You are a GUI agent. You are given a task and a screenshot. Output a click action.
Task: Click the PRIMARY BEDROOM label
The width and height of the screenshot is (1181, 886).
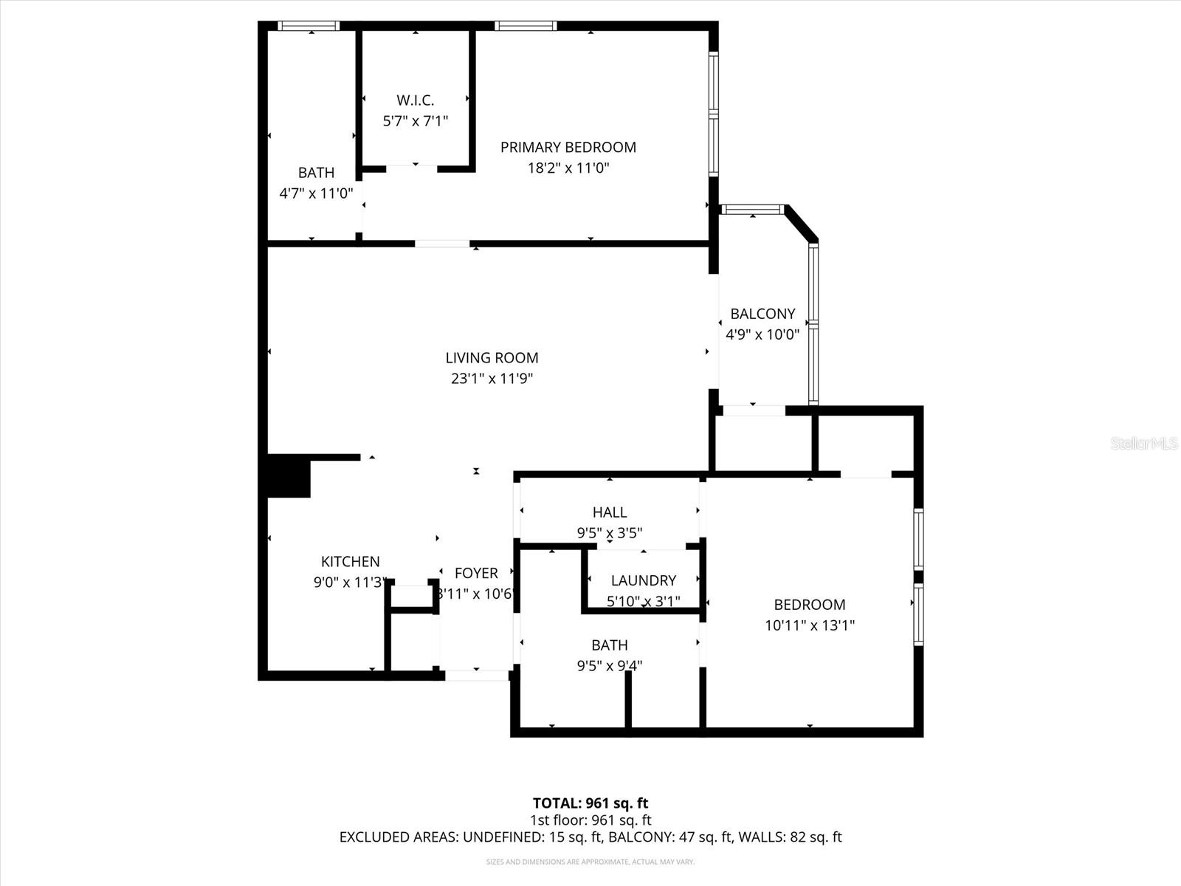[568, 147]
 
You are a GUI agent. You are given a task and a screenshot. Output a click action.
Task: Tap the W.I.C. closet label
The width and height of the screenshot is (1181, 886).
[415, 100]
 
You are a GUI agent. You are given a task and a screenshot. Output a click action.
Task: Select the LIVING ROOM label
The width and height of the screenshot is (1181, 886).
[492, 358]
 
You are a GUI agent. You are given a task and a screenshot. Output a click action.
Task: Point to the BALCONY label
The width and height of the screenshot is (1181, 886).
[762, 314]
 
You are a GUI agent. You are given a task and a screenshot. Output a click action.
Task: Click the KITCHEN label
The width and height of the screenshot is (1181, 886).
[350, 562]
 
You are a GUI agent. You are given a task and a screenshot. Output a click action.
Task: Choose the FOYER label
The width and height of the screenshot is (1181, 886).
[476, 573]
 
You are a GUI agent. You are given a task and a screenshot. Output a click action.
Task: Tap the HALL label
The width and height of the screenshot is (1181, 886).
[609, 512]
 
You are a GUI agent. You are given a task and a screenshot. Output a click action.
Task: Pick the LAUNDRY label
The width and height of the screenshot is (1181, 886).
[643, 581]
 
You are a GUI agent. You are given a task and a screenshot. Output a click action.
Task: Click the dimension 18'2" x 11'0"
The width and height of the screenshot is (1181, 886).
[568, 168]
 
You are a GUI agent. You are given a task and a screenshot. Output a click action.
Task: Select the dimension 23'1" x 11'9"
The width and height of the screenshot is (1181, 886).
[492, 379]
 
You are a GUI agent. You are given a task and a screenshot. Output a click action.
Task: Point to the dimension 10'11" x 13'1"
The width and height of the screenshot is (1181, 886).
[809, 625]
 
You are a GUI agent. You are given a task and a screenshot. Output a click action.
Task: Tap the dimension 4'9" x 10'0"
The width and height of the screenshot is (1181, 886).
[762, 334]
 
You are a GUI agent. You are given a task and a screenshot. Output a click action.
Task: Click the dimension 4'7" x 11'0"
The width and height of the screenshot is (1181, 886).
[316, 193]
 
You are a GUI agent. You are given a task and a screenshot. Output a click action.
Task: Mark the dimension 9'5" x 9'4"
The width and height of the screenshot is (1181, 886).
[609, 666]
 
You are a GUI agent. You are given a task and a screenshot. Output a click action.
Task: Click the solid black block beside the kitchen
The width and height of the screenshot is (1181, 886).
[289, 477]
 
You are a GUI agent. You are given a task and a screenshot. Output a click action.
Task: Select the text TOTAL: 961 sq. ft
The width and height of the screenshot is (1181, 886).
[590, 803]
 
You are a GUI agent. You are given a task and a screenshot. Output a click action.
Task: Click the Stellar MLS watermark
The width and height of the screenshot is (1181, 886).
[1144, 443]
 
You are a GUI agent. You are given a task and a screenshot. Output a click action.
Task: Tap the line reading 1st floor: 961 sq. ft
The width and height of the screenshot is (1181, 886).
[590, 820]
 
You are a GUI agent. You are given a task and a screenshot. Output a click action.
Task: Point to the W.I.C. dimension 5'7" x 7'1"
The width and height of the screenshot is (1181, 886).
[415, 121]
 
